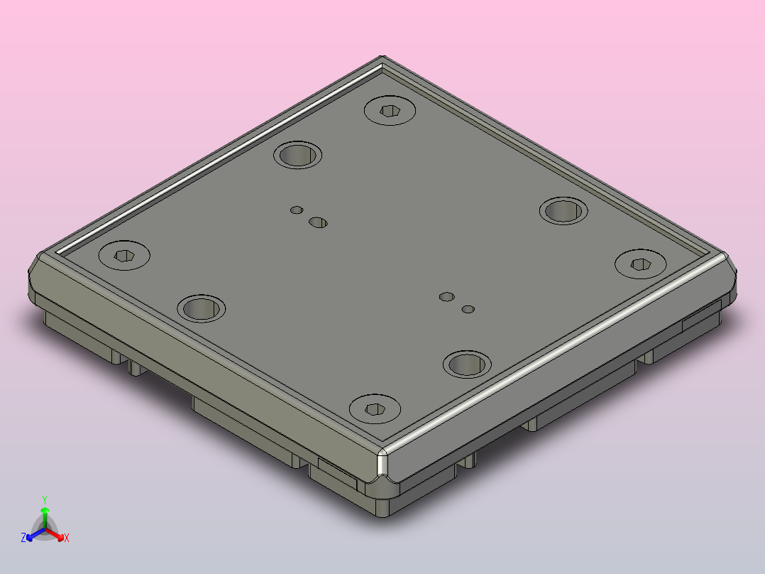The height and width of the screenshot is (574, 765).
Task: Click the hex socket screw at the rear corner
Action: [x=390, y=110]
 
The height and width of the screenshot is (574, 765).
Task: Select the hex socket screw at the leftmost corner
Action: [x=124, y=255]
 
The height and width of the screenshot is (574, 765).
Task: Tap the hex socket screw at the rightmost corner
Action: [x=641, y=264]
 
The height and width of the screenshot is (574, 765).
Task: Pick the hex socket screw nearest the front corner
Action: [x=375, y=409]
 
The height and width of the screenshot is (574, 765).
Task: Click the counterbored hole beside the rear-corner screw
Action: [x=297, y=156]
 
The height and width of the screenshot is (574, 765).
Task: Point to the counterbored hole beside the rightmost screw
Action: [x=563, y=211]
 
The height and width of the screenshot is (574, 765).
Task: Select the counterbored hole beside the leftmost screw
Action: [x=201, y=308]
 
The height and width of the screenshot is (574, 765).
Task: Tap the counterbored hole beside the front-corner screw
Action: [x=467, y=364]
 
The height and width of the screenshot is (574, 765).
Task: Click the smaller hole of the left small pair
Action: [x=297, y=210]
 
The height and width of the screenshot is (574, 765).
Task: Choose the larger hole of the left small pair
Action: [x=318, y=223]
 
